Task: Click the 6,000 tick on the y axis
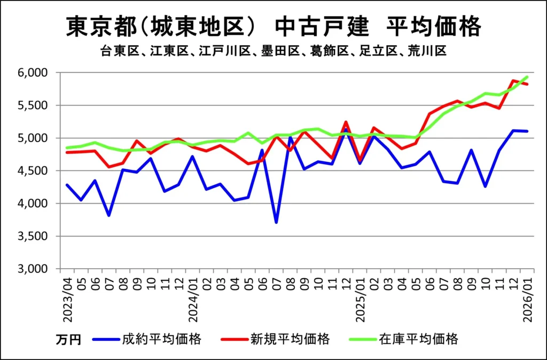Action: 34,73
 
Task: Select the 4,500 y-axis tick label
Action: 34,171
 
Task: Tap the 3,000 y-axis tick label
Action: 34,269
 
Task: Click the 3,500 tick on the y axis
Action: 34,236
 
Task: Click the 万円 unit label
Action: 68,340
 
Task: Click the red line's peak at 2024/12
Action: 346,122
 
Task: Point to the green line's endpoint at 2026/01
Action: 527,76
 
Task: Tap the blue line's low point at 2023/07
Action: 110,215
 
